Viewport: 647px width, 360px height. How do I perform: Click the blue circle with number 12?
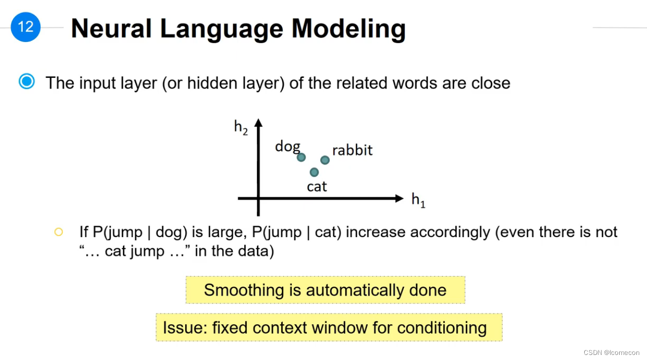(x=25, y=27)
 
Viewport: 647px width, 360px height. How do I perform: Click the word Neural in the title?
(x=111, y=29)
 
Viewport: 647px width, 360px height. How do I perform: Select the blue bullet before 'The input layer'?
(x=27, y=81)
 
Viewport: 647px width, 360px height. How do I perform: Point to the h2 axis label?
(x=241, y=127)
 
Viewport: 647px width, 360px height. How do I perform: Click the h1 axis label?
(x=418, y=200)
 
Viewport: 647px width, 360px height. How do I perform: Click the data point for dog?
(x=301, y=157)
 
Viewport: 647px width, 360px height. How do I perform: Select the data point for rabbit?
(x=325, y=160)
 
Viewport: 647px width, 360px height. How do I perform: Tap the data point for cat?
(x=314, y=172)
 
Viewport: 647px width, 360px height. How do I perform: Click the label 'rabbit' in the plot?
(x=353, y=150)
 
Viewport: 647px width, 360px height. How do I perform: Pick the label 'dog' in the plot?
(x=288, y=147)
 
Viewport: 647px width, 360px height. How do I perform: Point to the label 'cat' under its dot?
(x=317, y=187)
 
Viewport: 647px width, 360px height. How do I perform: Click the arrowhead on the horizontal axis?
(x=399, y=198)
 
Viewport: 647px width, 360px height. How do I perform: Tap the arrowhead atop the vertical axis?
(x=258, y=123)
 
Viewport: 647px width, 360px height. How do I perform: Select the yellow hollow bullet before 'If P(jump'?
(x=59, y=232)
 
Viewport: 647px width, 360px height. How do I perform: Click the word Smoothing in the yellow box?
(x=244, y=290)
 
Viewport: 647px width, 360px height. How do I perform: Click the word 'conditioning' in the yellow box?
(x=442, y=328)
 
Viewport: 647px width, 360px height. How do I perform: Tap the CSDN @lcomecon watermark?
(x=612, y=352)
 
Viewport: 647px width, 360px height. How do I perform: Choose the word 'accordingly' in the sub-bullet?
(x=450, y=233)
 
